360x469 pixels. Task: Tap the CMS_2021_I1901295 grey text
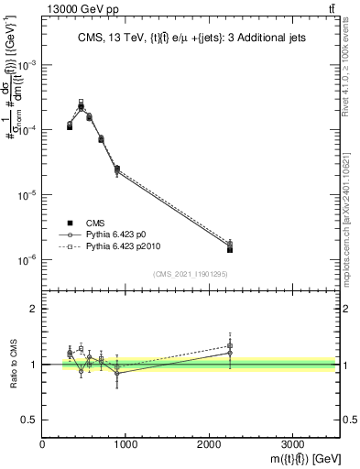(191, 274)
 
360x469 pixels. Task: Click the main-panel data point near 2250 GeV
(230, 249)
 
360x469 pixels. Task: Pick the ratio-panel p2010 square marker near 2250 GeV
(230, 345)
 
